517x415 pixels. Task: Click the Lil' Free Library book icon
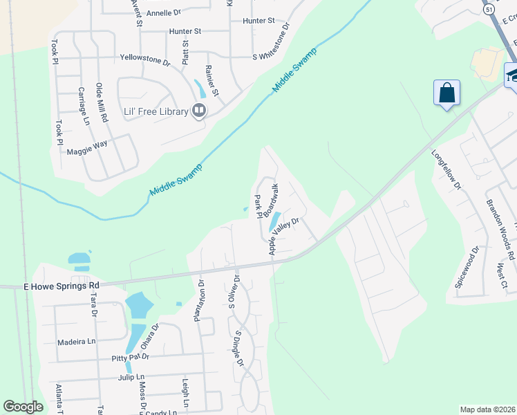pos(199,111)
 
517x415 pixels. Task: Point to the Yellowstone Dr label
pos(144,60)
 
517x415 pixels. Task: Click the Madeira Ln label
pos(76,341)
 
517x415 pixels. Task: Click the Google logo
pos(23,407)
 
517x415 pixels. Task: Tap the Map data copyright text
pos(487,409)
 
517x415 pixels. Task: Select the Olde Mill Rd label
pos(102,102)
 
